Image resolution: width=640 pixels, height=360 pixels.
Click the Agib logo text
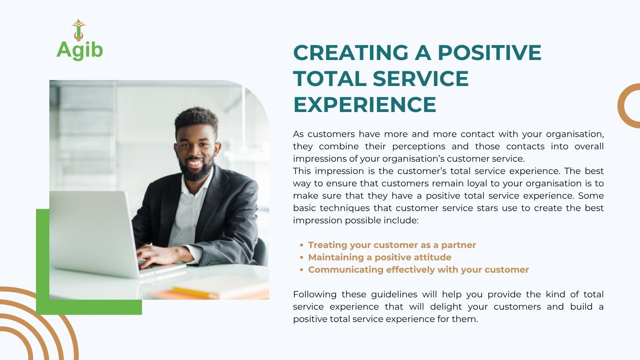coord(80,50)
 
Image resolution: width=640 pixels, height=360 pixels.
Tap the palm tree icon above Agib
coord(78,30)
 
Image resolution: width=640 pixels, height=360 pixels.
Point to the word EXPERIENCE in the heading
coord(364,104)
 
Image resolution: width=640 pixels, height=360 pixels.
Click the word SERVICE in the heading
coord(420,78)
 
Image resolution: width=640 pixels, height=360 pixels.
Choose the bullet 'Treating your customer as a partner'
coord(392,245)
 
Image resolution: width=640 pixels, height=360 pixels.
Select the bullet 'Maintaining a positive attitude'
coord(380,257)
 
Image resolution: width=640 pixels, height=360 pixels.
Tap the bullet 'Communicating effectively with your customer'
coord(418,270)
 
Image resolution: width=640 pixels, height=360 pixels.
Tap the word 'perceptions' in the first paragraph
coord(418,146)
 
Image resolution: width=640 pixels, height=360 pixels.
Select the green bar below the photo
coord(89,307)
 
